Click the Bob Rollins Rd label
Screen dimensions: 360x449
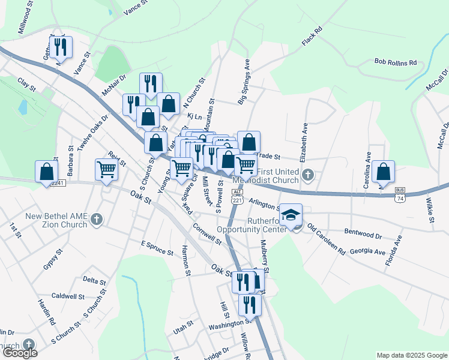395,62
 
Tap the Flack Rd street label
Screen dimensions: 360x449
312,37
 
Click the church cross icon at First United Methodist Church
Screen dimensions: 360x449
308,175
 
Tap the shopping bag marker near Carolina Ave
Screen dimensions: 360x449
383,172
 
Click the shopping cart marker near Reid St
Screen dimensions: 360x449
107,169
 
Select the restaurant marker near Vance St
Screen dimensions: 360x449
61,46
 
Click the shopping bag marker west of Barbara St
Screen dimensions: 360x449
47,172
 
